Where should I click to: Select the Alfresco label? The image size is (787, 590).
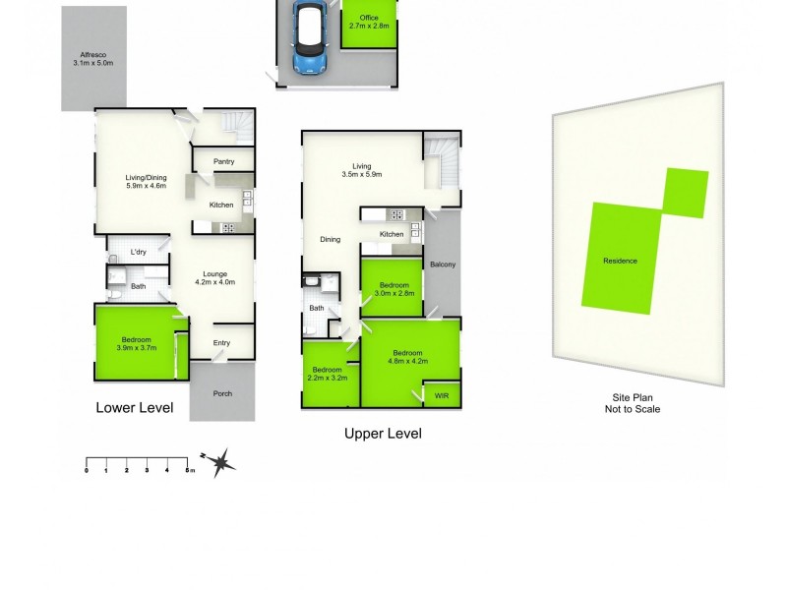click(x=93, y=59)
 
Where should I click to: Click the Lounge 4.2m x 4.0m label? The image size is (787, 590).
click(x=215, y=278)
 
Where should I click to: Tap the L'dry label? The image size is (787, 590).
click(x=139, y=252)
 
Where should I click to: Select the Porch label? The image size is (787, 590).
click(x=223, y=393)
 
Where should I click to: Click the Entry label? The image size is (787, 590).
click(x=222, y=342)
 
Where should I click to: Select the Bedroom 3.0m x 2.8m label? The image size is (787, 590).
click(x=392, y=289)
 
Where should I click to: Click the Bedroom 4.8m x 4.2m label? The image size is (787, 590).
click(x=407, y=358)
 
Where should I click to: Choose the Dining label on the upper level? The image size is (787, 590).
click(x=330, y=239)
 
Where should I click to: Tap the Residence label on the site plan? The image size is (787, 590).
click(x=620, y=261)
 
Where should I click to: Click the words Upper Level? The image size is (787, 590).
click(x=383, y=433)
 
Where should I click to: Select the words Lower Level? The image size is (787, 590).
click(x=134, y=407)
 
